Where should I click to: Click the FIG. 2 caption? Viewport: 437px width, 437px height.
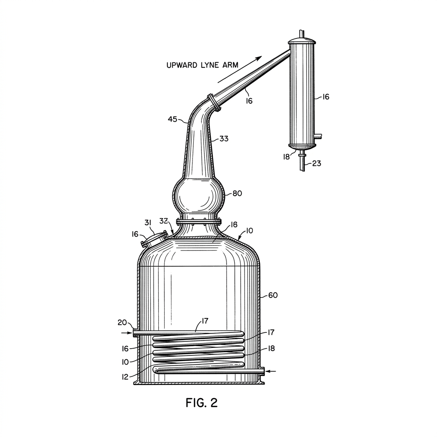[x=201, y=403]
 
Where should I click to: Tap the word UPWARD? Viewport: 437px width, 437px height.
[x=182, y=65]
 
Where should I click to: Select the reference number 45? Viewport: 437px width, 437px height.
[x=172, y=119]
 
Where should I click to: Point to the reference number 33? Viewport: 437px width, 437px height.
[x=224, y=139]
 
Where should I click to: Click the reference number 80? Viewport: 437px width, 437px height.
[x=237, y=193]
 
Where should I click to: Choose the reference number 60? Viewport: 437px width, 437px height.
[x=273, y=295]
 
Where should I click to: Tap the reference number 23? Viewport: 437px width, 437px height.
[x=317, y=163]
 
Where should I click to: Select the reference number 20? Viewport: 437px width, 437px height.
[x=122, y=323]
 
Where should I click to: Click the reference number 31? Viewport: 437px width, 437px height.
[x=148, y=223]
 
